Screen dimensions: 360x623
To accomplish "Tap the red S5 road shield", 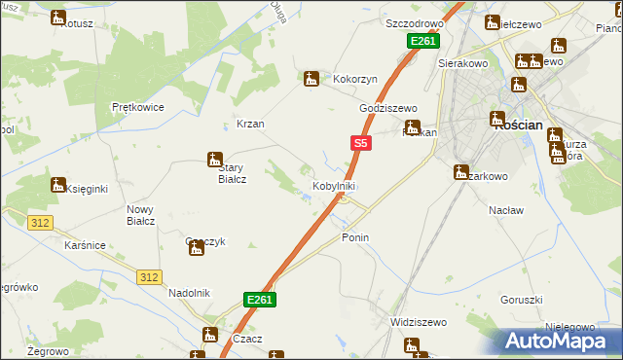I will tap(360, 143).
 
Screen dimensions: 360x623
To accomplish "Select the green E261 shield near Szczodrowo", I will tap(423, 41).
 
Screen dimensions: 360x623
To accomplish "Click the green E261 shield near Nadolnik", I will tap(259, 301).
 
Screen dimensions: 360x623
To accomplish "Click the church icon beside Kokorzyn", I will tap(311, 79).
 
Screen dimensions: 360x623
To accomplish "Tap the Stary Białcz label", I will tap(223, 172).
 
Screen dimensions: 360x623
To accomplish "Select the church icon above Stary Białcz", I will tap(214, 159).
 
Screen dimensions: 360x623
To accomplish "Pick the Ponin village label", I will tap(355, 237).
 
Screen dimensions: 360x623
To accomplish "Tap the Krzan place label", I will tap(250, 125).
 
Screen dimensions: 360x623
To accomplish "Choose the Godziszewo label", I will tap(387, 108).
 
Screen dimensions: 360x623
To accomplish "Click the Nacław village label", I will tap(506, 210).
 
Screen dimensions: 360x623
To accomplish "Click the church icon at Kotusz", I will tap(58, 18).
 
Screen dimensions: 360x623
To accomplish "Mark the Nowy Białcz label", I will tap(141, 215).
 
